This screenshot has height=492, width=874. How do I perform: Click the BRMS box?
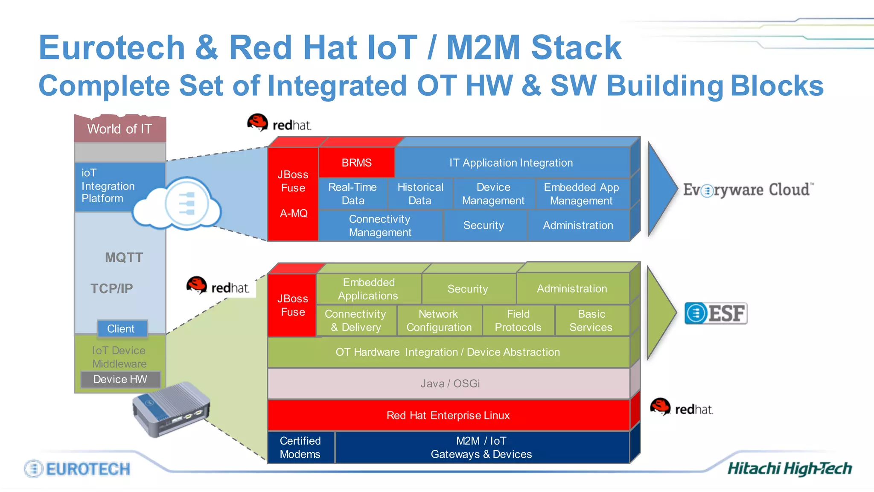point(356,163)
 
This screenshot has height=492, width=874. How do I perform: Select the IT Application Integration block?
point(511,163)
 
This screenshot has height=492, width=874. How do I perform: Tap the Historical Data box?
point(420,194)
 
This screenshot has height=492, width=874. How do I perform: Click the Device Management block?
point(493,194)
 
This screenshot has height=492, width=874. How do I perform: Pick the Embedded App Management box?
point(581,194)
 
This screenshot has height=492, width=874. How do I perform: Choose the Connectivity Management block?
point(380,225)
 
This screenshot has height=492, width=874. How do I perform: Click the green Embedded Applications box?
point(368,289)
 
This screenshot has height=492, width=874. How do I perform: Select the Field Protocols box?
point(518,321)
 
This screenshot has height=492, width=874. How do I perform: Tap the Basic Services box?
point(591,321)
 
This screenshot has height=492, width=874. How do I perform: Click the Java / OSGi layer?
point(449,384)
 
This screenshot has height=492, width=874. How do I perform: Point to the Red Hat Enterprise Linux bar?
point(448,415)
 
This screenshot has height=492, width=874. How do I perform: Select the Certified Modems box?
point(300,447)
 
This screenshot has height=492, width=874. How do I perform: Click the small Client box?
point(122,328)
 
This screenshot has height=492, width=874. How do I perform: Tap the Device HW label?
point(120,379)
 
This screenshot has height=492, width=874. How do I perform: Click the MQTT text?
point(124,258)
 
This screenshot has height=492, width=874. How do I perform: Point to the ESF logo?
point(716,313)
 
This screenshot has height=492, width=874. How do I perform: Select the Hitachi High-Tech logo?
point(790,469)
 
